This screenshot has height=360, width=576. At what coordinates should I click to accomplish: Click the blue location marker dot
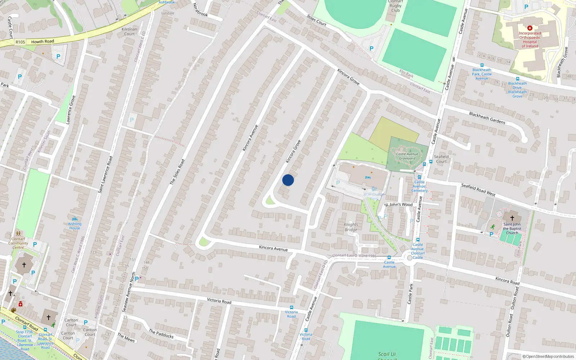[288, 180]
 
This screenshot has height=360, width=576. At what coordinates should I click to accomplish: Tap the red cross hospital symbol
[530, 28]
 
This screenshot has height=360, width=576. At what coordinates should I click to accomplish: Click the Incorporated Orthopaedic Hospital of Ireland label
[530, 40]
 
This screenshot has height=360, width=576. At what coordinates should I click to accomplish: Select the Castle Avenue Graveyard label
[407, 156]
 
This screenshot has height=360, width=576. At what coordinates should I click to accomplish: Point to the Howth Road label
[42, 41]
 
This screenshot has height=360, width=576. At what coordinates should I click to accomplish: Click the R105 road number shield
[21, 42]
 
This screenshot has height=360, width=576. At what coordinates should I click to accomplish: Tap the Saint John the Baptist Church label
[512, 229]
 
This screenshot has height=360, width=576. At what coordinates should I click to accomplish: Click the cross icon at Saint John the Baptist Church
[512, 218]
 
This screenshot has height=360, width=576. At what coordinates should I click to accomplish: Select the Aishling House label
[75, 226]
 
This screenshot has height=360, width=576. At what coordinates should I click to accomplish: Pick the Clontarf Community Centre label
[18, 243]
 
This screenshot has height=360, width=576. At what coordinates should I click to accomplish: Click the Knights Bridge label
[351, 227]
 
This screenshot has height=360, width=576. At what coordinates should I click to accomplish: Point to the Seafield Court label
[441, 159]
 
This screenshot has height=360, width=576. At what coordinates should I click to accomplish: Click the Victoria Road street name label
[219, 301]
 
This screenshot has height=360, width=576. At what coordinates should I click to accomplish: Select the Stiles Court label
[316, 21]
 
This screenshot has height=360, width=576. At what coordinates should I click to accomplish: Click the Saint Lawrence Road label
[105, 175]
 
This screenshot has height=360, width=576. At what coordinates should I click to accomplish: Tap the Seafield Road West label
[478, 190]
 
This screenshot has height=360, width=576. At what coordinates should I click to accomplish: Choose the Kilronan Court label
[129, 32]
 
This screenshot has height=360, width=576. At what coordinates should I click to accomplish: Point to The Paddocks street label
[161, 334]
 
